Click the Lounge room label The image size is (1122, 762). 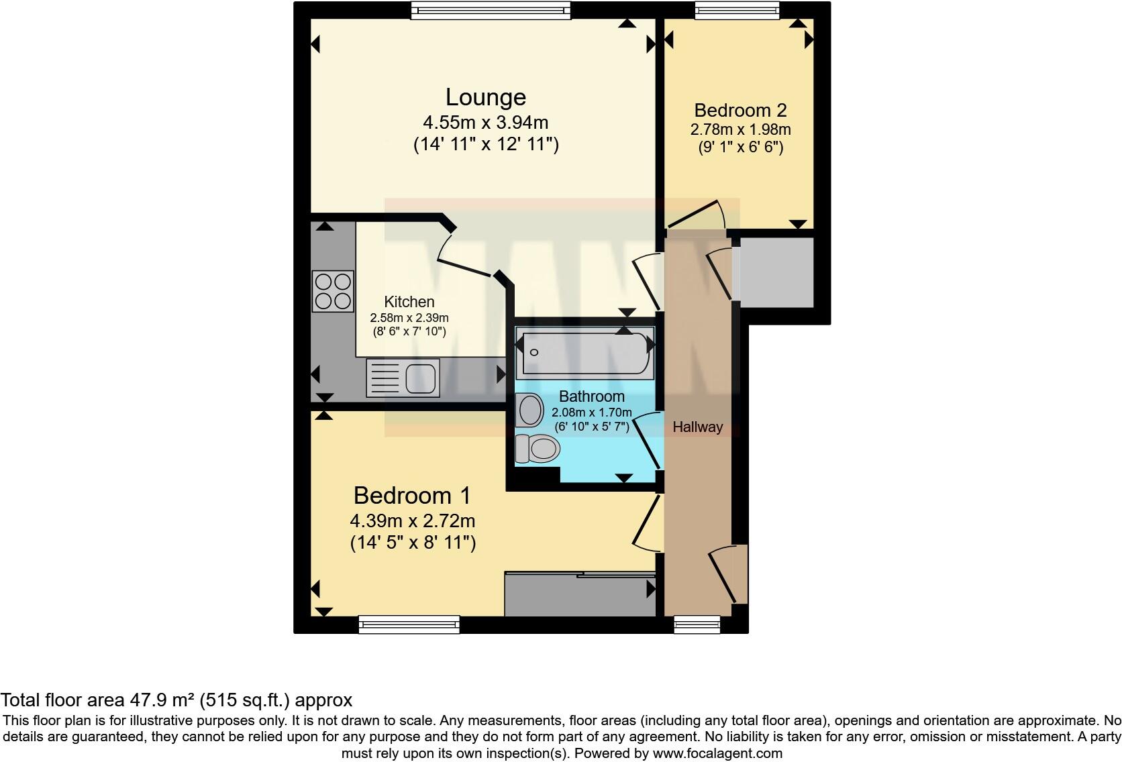(485, 97)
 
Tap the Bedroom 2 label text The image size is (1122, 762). (740, 110)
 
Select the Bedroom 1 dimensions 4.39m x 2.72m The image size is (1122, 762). (412, 521)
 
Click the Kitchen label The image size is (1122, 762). (409, 302)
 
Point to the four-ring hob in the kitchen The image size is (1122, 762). (333, 290)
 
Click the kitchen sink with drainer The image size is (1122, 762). (403, 378)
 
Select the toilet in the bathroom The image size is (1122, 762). (537, 449)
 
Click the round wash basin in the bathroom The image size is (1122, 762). (531, 409)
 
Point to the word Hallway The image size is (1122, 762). (697, 427)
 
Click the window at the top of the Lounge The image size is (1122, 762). (491, 10)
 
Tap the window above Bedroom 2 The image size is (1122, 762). (737, 10)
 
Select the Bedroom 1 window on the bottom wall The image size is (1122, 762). (409, 624)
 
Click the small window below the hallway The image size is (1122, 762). (697, 624)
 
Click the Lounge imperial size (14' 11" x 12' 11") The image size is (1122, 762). (485, 144)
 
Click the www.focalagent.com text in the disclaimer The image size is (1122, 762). (717, 753)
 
